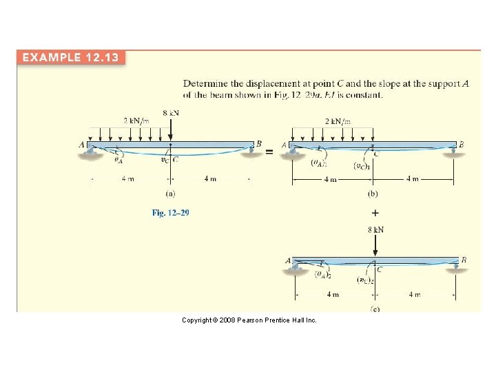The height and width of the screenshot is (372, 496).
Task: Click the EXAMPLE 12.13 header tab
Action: (72, 57)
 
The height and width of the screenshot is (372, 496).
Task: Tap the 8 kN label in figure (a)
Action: (171, 112)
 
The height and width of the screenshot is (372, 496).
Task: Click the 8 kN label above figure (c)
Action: (375, 229)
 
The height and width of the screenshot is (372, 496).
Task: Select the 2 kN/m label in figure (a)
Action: (136, 121)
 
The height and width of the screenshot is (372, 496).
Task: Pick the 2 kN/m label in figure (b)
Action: (338, 121)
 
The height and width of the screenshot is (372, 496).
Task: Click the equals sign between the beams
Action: (269, 151)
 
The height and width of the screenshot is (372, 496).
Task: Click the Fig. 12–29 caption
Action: (171, 213)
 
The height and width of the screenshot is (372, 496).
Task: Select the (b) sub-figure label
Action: (373, 195)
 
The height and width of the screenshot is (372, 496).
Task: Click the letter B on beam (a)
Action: (259, 144)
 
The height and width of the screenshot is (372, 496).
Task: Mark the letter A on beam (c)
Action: (288, 261)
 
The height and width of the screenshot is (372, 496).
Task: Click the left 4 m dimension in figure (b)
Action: (331, 180)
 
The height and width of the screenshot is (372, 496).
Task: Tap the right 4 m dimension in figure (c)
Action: (414, 295)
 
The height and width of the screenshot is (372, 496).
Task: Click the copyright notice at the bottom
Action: (249, 320)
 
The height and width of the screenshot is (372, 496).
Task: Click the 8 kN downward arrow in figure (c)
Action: (375, 245)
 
